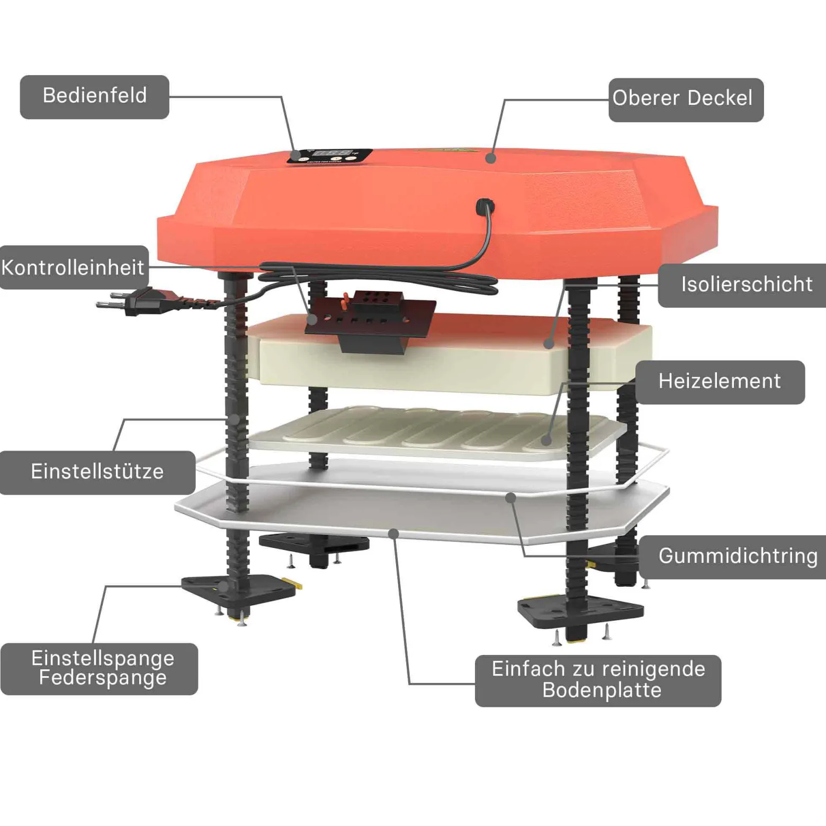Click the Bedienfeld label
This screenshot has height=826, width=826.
[x=95, y=97]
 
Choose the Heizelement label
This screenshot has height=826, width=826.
[x=720, y=382]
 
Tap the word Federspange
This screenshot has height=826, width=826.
[x=103, y=678]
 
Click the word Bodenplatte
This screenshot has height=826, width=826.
[x=602, y=690]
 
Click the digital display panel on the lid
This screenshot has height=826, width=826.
[x=330, y=156]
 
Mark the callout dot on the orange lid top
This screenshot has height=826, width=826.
[x=491, y=158]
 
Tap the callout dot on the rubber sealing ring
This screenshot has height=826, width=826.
[x=510, y=498]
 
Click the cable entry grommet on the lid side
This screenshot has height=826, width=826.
[x=485, y=205]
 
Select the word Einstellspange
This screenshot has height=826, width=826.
[x=103, y=658]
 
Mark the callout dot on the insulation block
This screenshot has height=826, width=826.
[x=549, y=344]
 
